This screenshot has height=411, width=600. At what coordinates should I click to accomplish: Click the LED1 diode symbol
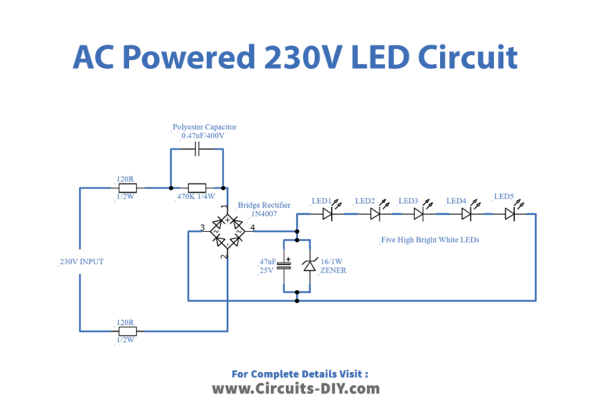click(328, 212)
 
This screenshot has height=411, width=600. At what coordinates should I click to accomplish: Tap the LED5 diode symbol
click(509, 212)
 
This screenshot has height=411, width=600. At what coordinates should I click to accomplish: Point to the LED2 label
click(366, 201)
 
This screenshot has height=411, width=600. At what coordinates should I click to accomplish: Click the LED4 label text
click(456, 201)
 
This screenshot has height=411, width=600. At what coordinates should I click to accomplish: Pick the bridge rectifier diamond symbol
click(227, 232)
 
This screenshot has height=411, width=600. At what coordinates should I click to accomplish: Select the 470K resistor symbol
click(197, 188)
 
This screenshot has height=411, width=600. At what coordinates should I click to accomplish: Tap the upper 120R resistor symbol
click(125, 188)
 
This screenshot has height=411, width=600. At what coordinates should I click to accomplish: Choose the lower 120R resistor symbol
click(125, 331)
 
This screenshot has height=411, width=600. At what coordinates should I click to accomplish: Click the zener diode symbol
click(309, 266)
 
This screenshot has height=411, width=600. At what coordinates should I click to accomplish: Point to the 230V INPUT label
click(81, 262)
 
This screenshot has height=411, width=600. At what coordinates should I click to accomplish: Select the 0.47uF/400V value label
click(202, 136)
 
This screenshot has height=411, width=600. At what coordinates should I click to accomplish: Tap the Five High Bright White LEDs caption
click(430, 240)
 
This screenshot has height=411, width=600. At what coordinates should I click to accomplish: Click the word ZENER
click(334, 270)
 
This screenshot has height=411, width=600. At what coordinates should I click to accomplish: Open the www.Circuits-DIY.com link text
click(296, 388)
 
